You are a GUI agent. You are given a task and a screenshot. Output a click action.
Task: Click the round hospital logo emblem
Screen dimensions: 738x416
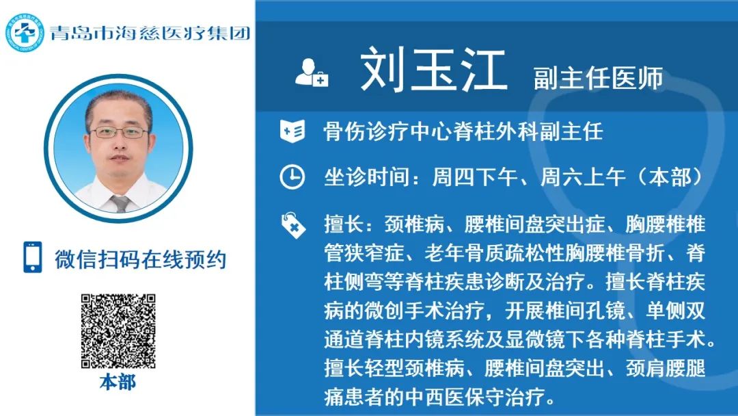pos(25,33)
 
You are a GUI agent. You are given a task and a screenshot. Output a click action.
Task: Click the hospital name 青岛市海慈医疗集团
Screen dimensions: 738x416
pos(150,33)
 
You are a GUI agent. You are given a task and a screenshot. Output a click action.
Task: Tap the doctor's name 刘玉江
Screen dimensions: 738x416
pos(433,70)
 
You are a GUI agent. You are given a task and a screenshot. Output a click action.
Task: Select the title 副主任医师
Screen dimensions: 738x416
pos(598,78)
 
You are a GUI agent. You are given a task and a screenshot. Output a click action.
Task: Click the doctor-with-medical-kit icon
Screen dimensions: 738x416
pos(312,72)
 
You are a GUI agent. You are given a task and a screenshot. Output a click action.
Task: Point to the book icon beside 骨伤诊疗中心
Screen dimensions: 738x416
pos(292,131)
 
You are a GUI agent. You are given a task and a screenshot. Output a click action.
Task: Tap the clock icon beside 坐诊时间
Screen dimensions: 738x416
pos(292,177)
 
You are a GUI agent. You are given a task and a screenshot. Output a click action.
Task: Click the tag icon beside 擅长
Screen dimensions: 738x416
pos(292,224)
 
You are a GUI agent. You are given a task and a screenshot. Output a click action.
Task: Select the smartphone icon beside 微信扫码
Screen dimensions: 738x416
pos(33,257)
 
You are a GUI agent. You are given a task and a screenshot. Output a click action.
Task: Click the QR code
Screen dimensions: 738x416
pos(118,331)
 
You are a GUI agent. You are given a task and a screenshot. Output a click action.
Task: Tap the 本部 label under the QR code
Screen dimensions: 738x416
pos(118,382)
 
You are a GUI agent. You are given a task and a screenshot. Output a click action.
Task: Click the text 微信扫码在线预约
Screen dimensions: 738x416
pos(141,259)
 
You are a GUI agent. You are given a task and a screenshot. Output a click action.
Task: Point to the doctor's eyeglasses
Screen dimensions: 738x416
pos(120,133)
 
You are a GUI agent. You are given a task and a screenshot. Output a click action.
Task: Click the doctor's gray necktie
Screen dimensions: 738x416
pos(120,203)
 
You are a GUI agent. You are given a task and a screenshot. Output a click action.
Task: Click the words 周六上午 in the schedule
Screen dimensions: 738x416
pos(583,178)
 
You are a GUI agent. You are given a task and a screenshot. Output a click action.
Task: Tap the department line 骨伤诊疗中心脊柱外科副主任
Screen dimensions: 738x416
pos(463,131)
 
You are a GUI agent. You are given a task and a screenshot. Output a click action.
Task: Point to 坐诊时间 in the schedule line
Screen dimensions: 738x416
pos(366,178)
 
